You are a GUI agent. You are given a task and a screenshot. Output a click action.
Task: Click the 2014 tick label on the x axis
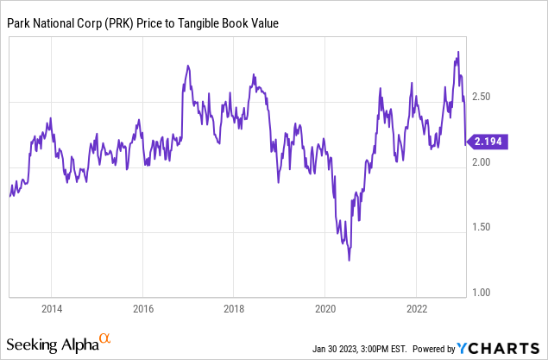(51, 307)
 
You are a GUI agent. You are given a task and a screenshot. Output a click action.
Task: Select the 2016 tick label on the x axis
(142, 307)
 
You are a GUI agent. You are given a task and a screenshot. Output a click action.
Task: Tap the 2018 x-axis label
(234, 307)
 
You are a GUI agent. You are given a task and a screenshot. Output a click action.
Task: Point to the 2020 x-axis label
(325, 307)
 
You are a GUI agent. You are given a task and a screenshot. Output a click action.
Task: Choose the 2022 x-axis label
(417, 307)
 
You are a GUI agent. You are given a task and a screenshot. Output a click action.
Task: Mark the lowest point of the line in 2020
(350, 260)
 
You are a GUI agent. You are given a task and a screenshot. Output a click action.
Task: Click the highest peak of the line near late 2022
(457, 52)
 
